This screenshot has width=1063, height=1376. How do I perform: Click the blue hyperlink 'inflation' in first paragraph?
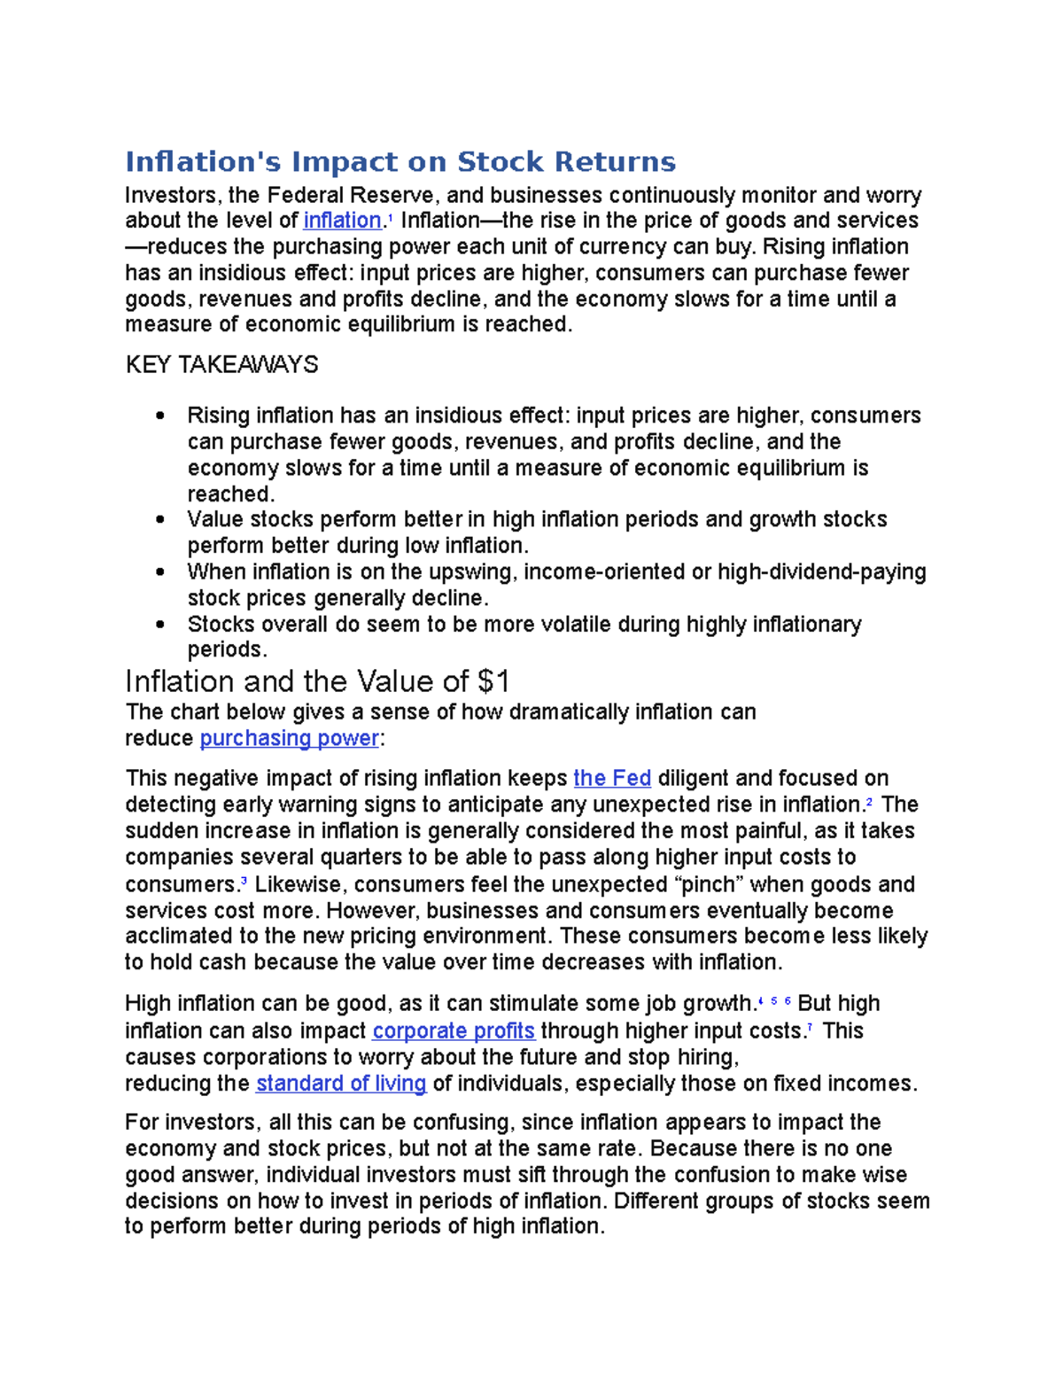pyautogui.click(x=342, y=221)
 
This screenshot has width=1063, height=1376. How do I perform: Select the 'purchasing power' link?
pyautogui.click(x=289, y=738)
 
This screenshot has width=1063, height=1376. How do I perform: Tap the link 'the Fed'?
pyautogui.click(x=612, y=779)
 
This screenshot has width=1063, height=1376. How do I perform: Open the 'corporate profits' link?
pyautogui.click(x=454, y=1030)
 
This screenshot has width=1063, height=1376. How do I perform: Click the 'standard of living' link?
pyautogui.click(x=341, y=1084)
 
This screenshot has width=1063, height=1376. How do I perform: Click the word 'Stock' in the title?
pyautogui.click(x=500, y=162)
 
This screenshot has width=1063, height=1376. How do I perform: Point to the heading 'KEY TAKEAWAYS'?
pyautogui.click(x=221, y=365)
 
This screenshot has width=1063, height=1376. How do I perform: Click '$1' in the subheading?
pyautogui.click(x=493, y=681)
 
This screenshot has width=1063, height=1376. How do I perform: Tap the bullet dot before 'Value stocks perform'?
pyautogui.click(x=159, y=520)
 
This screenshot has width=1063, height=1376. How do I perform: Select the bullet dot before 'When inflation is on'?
pyautogui.click(x=159, y=572)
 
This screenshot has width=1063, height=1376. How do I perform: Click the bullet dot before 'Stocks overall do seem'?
pyautogui.click(x=159, y=625)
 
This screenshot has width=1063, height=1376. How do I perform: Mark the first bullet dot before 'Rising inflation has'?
pyautogui.click(x=159, y=416)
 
